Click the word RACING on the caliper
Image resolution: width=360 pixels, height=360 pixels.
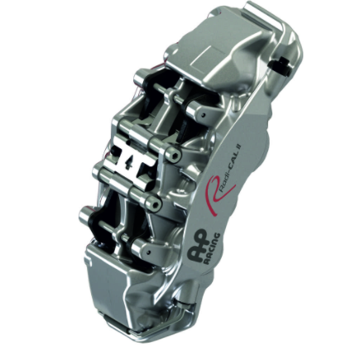click(x=209, y=251)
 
